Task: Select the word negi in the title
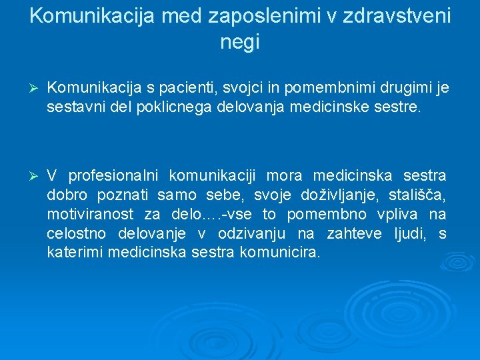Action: click(239, 43)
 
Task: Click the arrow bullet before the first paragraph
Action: click(37, 88)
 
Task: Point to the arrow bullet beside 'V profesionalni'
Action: click(37, 176)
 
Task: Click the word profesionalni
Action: click(113, 176)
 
